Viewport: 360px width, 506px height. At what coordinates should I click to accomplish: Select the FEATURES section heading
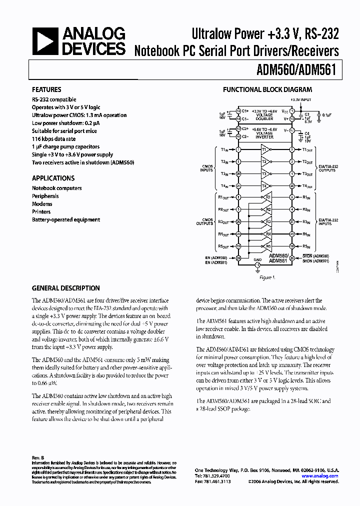click(46, 90)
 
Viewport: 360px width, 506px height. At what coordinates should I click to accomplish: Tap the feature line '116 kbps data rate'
click(54, 139)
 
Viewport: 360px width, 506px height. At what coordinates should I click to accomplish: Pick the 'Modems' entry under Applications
click(42, 204)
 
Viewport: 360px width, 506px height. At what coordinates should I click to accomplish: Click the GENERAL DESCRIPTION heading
click(65, 288)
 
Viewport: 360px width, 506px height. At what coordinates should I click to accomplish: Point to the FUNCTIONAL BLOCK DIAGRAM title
click(267, 90)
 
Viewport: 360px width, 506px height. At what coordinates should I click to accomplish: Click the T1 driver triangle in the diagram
click(265, 149)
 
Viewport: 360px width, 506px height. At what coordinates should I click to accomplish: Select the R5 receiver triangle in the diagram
click(267, 246)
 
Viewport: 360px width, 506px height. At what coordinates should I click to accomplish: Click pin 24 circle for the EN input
click(238, 258)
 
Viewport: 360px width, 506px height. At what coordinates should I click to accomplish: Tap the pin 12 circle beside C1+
click(238, 110)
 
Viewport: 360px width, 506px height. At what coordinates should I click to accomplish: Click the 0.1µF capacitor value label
click(326, 114)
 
